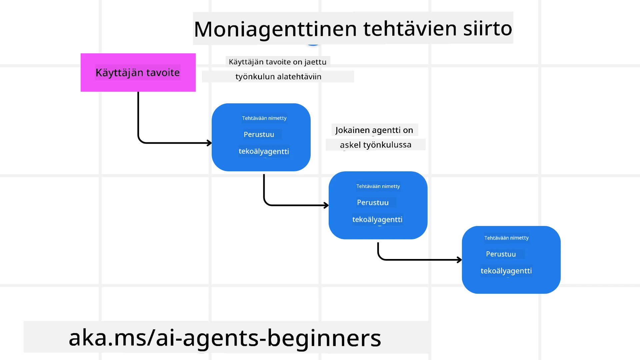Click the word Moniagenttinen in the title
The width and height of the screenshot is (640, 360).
tap(275, 29)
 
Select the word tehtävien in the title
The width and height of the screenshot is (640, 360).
tap(410, 29)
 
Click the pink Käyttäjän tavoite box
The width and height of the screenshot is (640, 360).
tap(138, 73)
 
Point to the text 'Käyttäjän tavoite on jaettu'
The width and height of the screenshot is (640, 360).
tap(277, 62)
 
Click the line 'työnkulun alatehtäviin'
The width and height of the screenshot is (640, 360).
tap(278, 77)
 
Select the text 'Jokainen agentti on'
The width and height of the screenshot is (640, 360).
tap(374, 130)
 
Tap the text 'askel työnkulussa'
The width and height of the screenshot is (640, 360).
tap(375, 145)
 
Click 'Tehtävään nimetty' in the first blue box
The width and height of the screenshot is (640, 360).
tap(264, 118)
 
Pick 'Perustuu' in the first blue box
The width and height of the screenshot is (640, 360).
tap(259, 135)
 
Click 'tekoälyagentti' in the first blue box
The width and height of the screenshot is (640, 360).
tap(264, 151)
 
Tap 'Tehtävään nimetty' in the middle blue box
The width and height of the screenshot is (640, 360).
tap(378, 186)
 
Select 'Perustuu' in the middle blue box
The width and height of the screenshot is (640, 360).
tap(373, 203)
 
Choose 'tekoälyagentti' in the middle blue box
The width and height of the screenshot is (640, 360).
tap(377, 220)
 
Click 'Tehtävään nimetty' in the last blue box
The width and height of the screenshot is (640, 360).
tap(506, 238)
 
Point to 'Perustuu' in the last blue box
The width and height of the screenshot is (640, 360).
tap(501, 254)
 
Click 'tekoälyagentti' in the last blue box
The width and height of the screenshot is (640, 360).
tap(506, 271)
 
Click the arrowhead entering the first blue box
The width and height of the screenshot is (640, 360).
tap(209, 143)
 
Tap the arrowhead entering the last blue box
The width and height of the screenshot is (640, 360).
tap(459, 260)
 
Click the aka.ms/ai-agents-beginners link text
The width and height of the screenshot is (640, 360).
tap(225, 338)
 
